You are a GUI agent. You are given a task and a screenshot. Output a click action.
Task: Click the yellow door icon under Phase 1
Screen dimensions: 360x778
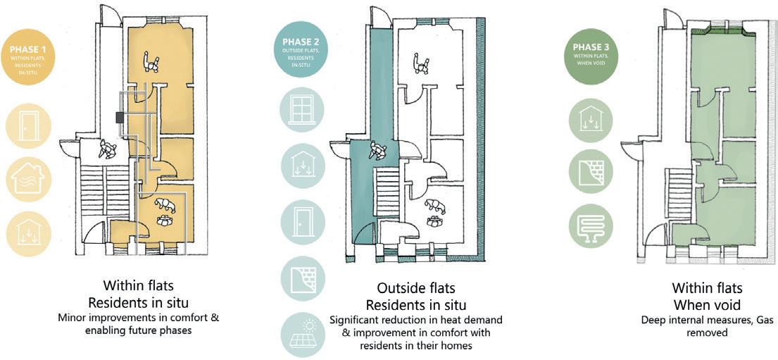tap(28, 128)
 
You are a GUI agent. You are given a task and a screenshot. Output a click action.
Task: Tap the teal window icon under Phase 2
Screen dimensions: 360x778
tap(301, 109)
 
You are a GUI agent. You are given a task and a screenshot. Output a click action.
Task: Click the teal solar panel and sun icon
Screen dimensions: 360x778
tap(301, 335)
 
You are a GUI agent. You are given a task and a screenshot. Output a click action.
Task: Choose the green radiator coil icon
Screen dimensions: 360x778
tap(590, 225)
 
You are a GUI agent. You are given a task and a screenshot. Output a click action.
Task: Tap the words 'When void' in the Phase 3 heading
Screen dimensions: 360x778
tap(707, 304)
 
